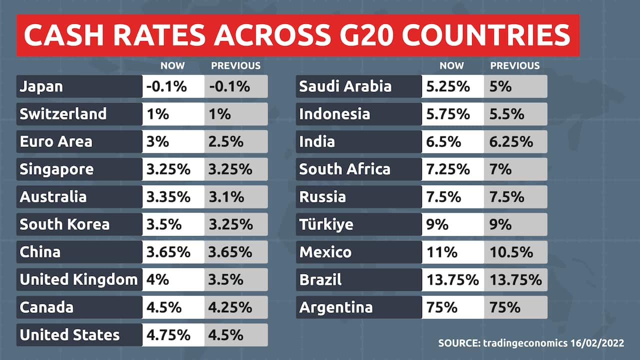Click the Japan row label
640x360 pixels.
coord(79,86)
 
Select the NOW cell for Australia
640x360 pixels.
coord(173,196)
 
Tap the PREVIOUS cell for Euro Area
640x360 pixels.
coord(236,141)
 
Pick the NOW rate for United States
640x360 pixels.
coord(173,334)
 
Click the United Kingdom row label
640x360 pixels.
coord(79,279)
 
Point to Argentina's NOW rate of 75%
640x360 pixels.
coord(452,307)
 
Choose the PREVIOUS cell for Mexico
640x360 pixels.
coord(515,252)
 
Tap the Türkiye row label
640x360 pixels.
coord(358,224)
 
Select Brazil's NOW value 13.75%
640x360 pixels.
coord(452,279)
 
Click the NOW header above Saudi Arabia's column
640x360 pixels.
coord(451,65)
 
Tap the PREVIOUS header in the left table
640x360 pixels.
coord(236,65)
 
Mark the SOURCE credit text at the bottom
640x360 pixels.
coord(531,343)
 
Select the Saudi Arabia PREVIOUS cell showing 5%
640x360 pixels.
coord(515,86)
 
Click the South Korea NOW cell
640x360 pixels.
coord(173,224)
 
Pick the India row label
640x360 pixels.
coord(358,141)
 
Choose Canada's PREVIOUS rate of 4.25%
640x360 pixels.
coord(236,307)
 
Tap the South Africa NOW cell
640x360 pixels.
coord(452,169)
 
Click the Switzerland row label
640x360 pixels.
coord(79,114)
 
